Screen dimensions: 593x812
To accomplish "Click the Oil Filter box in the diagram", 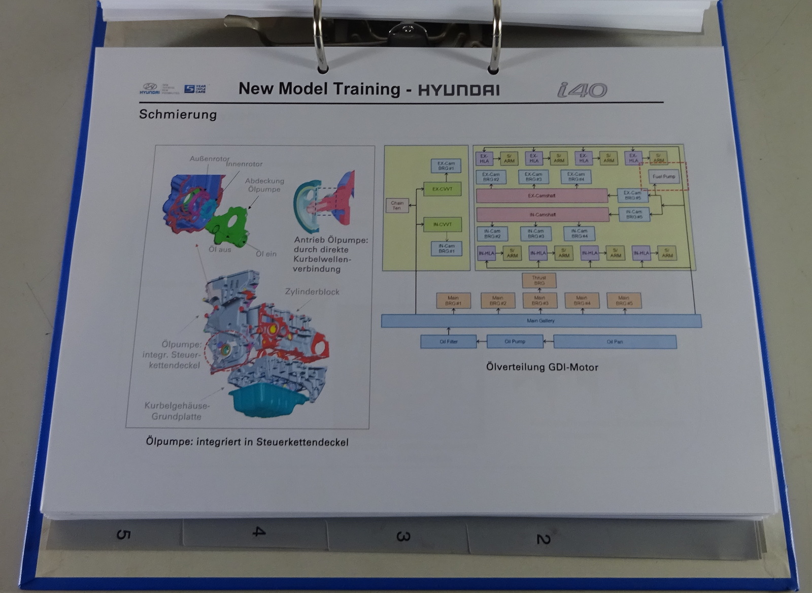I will (x=448, y=342).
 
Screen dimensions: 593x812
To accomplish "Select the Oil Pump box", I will (x=515, y=342).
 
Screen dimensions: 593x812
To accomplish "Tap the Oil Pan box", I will (x=615, y=342).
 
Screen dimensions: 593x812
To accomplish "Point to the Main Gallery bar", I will (x=541, y=321).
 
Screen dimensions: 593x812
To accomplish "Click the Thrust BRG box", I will (x=539, y=280).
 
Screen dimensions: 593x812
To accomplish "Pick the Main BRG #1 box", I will (x=453, y=301).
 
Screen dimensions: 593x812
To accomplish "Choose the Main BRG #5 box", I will (x=624, y=301).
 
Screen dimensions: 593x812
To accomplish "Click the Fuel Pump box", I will (x=664, y=177).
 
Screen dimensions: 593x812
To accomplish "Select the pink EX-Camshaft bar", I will (x=542, y=195).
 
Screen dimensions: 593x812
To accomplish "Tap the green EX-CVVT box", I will (x=442, y=189).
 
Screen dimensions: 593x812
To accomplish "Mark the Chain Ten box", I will (x=397, y=205).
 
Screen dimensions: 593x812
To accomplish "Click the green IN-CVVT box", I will (x=442, y=224).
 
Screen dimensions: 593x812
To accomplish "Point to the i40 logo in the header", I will (x=582, y=90).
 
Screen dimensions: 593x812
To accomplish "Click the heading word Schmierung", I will (x=178, y=115).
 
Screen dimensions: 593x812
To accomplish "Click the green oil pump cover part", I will (x=228, y=225).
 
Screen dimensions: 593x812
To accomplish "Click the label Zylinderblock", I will (x=312, y=292).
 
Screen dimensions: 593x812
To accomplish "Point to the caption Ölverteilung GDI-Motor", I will (x=542, y=367).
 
